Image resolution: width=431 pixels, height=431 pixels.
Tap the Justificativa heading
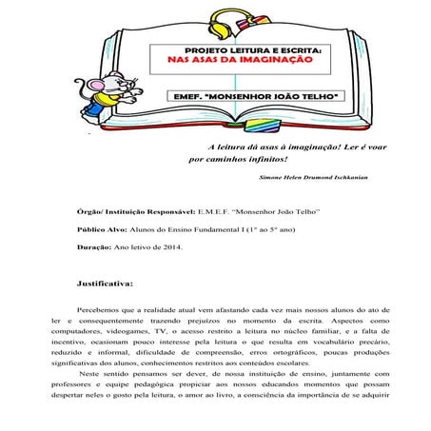[104, 284]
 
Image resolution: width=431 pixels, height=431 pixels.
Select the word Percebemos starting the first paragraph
[99, 311]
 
